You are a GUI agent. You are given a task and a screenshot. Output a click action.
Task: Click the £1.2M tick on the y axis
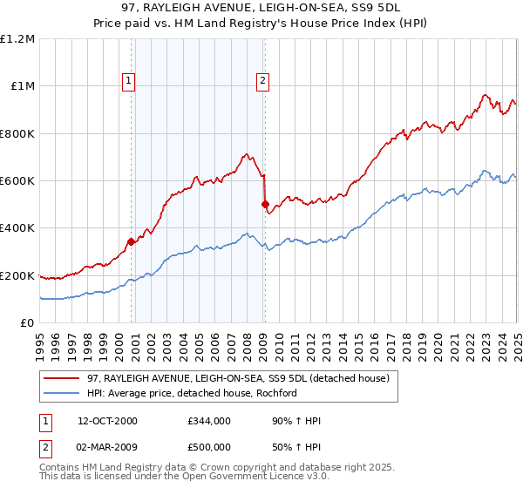point(17,39)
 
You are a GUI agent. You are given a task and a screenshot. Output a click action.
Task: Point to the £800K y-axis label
point(17,133)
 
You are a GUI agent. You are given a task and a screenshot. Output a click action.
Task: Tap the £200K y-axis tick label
point(17,275)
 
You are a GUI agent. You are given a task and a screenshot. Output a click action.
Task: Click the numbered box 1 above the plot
point(129,81)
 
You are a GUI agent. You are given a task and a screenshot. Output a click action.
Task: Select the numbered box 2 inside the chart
point(262,81)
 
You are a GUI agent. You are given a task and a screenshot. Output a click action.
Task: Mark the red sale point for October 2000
point(132,241)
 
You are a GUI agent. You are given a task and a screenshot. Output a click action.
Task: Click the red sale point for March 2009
point(265,205)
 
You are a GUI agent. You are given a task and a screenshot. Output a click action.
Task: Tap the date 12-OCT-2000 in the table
point(108,422)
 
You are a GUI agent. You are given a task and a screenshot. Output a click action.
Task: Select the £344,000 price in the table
point(209,422)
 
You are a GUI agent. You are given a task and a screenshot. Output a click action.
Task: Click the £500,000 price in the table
point(209,447)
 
